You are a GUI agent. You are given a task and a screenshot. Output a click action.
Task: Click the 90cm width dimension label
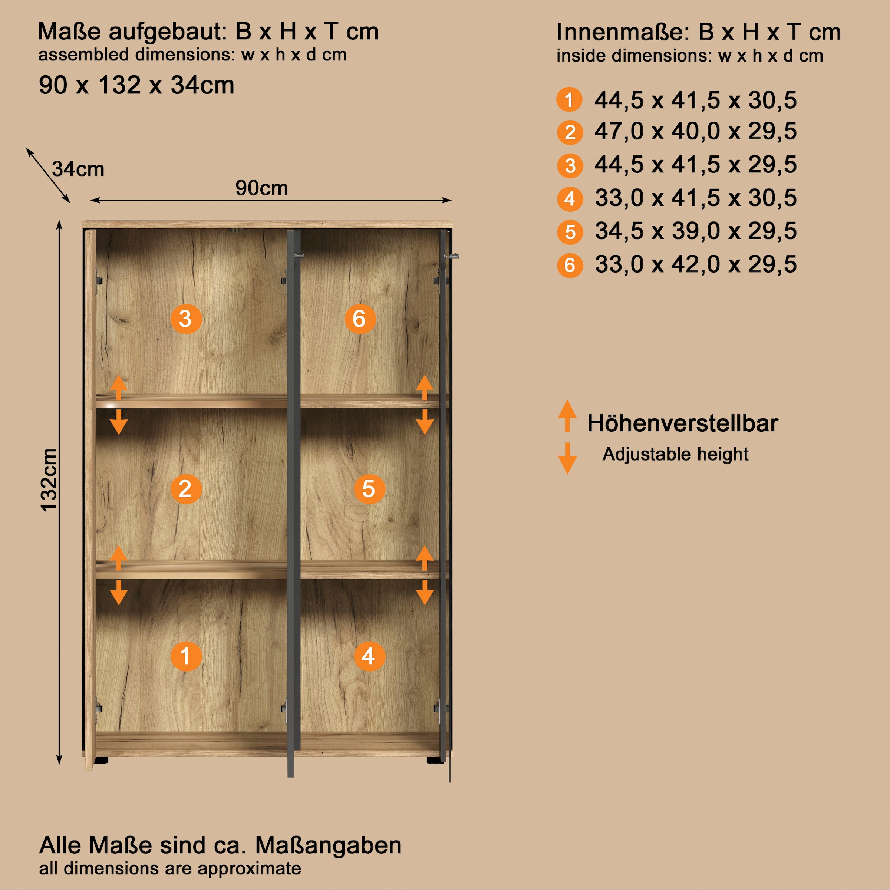262,188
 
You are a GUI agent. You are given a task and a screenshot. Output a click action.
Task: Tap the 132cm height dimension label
49,479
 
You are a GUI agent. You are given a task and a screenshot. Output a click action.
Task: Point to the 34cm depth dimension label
78,169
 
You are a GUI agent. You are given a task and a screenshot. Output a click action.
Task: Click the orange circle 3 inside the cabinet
186,319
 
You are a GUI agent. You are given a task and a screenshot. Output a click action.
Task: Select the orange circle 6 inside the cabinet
360,319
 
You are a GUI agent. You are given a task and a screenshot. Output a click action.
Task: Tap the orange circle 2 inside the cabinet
186,489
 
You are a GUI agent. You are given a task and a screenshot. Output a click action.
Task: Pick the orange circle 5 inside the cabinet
369,489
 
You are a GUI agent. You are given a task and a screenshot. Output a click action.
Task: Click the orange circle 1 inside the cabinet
186,656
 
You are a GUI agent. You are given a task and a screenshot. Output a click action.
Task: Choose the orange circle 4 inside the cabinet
369,656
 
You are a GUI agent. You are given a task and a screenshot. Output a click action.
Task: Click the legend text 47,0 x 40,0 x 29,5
695,132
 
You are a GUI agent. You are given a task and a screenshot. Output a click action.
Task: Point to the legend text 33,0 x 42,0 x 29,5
695,264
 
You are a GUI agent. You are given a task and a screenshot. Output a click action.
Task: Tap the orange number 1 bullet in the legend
569,99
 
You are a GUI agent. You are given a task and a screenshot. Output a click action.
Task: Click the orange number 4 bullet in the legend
570,199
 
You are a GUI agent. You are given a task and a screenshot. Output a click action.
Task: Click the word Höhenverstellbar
682,423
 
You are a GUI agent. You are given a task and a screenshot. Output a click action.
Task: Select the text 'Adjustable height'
675,454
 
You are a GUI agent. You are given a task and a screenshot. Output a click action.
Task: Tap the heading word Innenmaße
622,32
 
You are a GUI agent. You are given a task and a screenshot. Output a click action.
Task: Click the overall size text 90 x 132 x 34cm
136,85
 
